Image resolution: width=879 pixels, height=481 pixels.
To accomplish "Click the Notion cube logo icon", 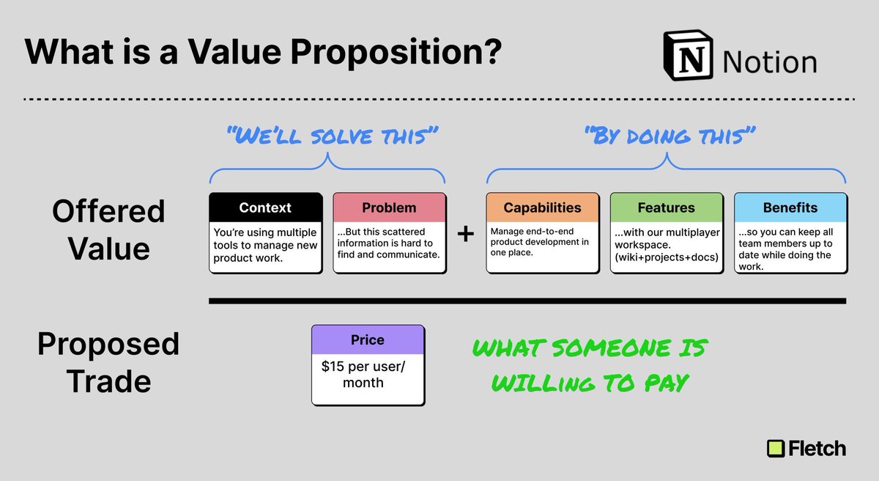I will [689, 56].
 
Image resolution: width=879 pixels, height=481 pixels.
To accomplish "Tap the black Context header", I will [265, 208].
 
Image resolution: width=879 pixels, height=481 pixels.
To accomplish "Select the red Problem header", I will [390, 208].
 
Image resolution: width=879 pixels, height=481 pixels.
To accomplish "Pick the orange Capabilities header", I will [543, 208].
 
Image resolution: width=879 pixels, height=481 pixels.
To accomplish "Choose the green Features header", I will [667, 208].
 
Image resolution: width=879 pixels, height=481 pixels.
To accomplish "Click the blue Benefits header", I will [790, 208].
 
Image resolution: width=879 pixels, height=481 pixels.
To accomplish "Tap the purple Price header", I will [368, 340].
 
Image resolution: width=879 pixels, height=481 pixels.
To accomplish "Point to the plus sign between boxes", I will [465, 235].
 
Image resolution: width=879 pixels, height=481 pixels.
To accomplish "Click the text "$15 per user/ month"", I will [363, 374].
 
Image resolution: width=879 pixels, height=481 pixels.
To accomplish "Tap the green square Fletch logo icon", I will [775, 448].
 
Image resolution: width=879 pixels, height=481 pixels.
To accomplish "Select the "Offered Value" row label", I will [108, 230].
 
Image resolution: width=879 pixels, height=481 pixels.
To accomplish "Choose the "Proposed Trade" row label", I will [108, 362].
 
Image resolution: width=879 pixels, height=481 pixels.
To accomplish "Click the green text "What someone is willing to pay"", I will [588, 364].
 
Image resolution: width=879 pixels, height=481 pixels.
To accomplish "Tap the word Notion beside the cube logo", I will [769, 62].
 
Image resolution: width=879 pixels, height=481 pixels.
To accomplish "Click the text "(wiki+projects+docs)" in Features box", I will [665, 257].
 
